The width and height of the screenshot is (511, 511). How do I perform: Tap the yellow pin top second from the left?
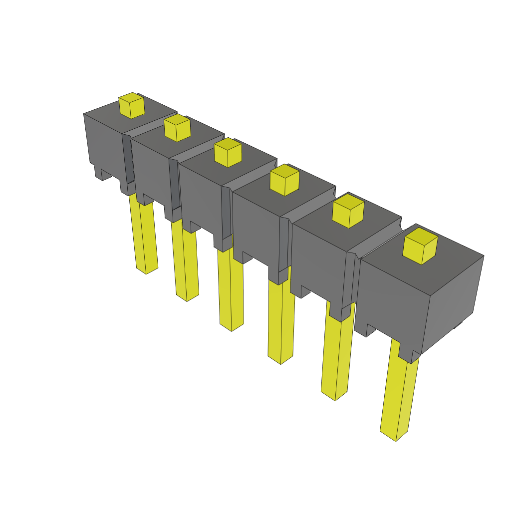click(177, 128)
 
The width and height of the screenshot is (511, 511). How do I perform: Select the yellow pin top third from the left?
click(228, 152)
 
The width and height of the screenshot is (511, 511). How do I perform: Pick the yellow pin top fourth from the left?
click(284, 180)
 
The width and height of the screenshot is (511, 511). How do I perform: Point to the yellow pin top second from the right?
click(348, 211)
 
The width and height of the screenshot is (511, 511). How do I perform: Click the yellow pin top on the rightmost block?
click(420, 246)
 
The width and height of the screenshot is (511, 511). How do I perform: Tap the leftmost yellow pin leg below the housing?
click(143, 235)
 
